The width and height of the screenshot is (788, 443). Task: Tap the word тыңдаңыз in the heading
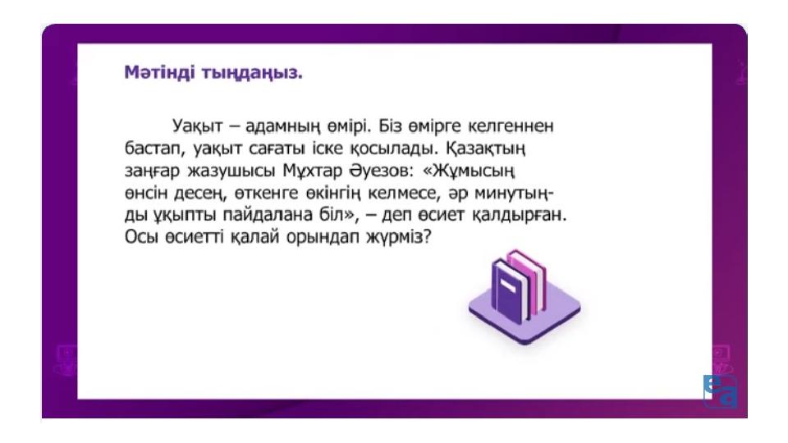point(252,73)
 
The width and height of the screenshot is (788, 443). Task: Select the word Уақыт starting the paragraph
point(197,126)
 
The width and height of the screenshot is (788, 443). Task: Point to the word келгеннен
point(511,126)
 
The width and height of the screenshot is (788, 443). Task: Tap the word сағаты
point(277,148)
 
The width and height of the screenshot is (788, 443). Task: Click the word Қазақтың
point(485,148)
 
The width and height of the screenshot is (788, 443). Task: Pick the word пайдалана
point(268,215)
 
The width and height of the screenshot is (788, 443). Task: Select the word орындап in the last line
point(322,237)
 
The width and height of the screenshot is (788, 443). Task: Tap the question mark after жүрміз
point(428,236)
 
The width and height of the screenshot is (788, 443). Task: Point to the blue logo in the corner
point(720,390)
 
